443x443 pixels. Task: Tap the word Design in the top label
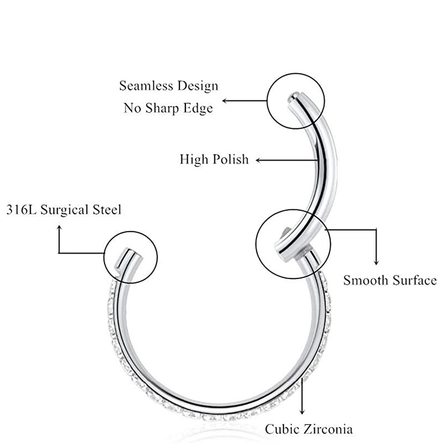tap(198, 86)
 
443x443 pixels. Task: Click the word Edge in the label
tap(200, 108)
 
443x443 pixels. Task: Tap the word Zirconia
tap(329, 429)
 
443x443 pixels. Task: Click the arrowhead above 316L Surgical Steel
tap(59, 229)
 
